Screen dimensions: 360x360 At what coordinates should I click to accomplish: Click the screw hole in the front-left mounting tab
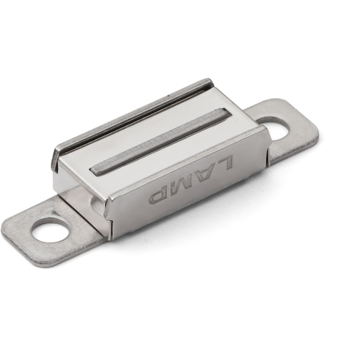click(x=48, y=231)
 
